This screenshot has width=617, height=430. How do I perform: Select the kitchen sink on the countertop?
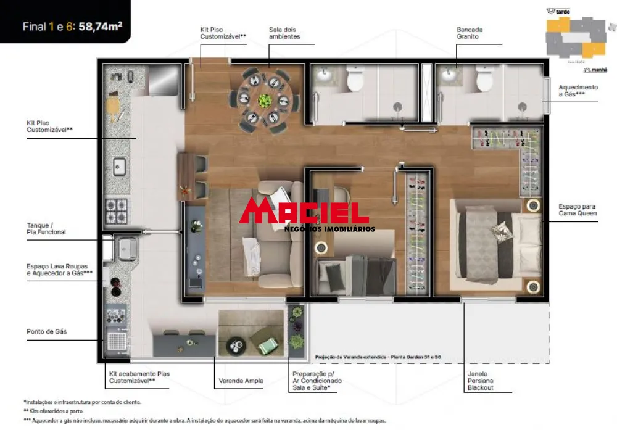click(x=118, y=167)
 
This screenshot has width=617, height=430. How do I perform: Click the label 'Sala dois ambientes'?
click(x=284, y=33)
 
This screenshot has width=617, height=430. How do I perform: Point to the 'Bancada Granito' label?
click(x=470, y=33)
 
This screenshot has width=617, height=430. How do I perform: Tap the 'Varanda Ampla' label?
click(x=241, y=381)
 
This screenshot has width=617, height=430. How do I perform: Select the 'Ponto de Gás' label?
click(x=47, y=332)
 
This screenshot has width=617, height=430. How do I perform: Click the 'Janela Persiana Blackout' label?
click(x=480, y=381)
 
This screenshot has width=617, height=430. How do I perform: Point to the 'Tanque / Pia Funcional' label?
click(x=46, y=229)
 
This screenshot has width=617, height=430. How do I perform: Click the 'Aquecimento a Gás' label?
click(x=578, y=91)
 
